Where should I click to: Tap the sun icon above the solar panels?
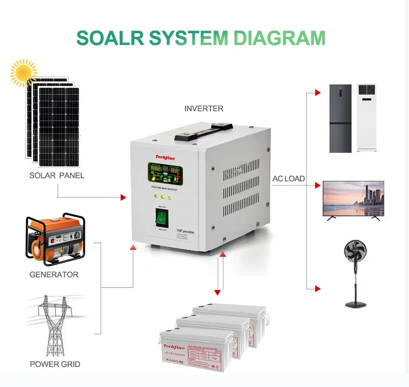pyautogui.click(x=24, y=72)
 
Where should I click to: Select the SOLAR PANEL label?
pyautogui.click(x=57, y=175)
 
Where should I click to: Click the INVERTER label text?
pyautogui.click(x=204, y=109)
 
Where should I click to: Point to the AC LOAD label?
pyautogui.click(x=288, y=179)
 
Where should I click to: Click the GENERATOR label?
pyautogui.click(x=54, y=275)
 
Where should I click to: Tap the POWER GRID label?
pyautogui.click(x=55, y=364)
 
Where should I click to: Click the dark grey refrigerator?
pyautogui.click(x=340, y=118)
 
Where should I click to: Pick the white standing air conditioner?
pyautogui.click(x=367, y=118)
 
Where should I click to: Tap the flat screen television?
pyautogui.click(x=353, y=200)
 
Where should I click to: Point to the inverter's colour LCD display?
pyautogui.click(x=166, y=172)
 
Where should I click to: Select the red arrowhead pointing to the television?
pyautogui.click(x=318, y=185)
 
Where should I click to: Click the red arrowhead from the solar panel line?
pyautogui.click(x=123, y=197)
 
